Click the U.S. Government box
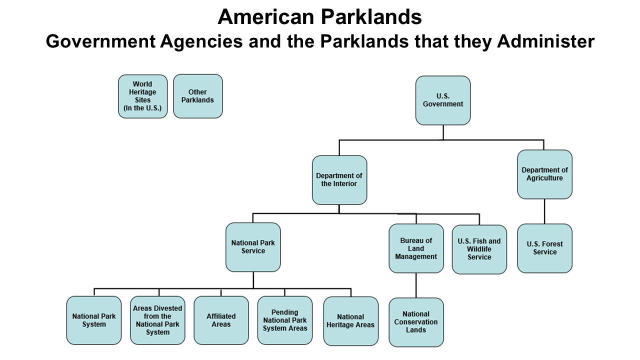443,100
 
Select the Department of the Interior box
339,180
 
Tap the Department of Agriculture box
544,174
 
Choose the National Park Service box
253,247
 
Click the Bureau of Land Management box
416,248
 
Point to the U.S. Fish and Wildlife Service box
479,249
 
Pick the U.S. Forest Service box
544,248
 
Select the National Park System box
94,320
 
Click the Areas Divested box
157,320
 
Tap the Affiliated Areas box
221,320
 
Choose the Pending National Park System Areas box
285,320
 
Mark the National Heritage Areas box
350,321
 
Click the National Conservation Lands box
416,322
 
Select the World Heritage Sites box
142,96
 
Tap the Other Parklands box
197,96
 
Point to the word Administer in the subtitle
546,41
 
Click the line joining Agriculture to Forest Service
544,211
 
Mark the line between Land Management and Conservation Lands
416,285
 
